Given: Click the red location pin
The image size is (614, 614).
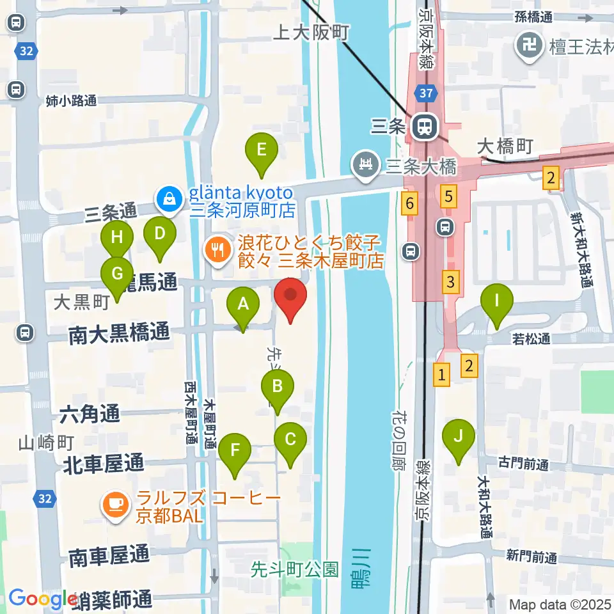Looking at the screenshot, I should point(290,301).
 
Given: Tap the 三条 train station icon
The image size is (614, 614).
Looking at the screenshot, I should point(422,126).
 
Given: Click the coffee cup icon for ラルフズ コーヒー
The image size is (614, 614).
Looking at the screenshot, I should point(114,505).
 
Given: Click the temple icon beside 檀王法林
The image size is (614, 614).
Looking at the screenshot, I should point(530,46).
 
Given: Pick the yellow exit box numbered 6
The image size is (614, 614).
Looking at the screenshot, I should point(410,204).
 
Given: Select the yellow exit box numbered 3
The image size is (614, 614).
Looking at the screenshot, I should point(451,280).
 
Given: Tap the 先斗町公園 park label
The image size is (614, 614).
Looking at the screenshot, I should point(294,569).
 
